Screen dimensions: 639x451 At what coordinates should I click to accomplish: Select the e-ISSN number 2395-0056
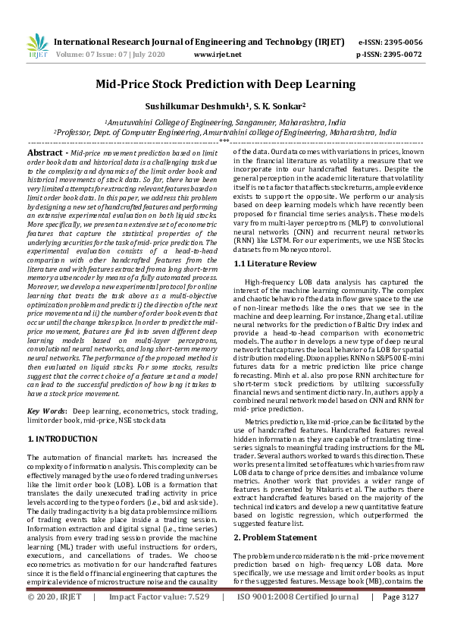(x=401, y=43)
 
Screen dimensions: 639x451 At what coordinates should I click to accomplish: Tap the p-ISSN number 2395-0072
(x=401, y=55)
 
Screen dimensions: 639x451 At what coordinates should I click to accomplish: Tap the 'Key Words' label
(x=47, y=410)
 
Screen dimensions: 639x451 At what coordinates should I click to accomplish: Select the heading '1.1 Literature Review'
(x=274, y=263)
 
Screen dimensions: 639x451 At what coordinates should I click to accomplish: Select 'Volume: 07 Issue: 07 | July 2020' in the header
(x=110, y=55)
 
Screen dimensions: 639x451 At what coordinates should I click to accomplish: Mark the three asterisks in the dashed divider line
(x=224, y=141)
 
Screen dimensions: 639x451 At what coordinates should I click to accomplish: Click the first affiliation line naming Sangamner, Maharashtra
(x=225, y=121)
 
